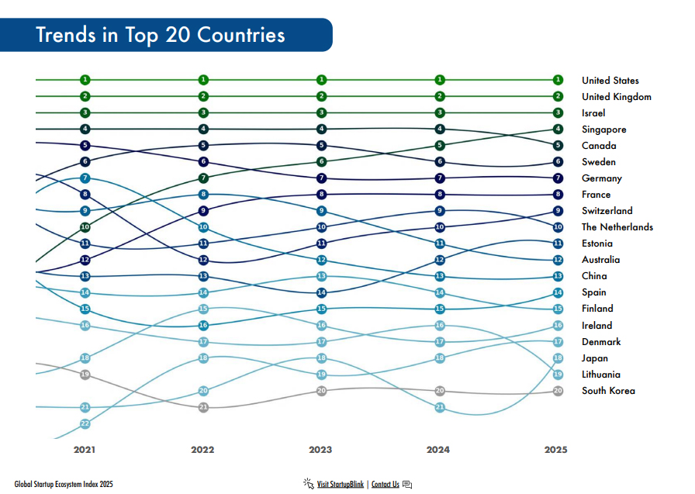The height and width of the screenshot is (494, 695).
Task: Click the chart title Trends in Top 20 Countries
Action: (x=161, y=35)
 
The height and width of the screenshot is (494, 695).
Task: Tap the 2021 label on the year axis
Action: (x=85, y=450)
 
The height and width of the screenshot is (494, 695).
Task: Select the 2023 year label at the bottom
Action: (x=321, y=450)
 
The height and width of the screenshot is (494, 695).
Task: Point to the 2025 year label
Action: (x=556, y=450)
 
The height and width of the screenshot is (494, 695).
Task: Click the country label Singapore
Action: (x=603, y=130)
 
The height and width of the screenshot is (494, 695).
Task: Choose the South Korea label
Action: (x=608, y=391)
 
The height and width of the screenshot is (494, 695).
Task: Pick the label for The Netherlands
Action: (x=617, y=227)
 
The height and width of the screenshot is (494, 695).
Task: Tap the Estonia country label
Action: (x=597, y=244)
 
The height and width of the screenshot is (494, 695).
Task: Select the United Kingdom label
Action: (x=616, y=97)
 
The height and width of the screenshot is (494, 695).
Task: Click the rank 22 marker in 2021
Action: (x=85, y=423)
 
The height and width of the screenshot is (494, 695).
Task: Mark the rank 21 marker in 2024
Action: (x=440, y=407)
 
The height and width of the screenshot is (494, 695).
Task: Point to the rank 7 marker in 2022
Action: (x=203, y=178)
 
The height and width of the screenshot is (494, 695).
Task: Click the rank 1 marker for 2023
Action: (x=321, y=80)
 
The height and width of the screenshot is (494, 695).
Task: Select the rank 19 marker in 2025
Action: (x=558, y=374)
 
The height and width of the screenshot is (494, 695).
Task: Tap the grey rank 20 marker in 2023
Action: (x=321, y=391)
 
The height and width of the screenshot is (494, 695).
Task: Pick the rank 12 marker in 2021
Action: (x=85, y=260)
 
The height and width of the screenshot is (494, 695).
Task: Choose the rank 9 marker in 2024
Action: (x=440, y=211)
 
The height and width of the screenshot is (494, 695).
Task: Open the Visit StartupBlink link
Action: (x=340, y=485)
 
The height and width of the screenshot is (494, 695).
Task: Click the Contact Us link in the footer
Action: (x=386, y=485)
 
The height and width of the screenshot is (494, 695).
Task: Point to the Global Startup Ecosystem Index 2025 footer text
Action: (x=64, y=485)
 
